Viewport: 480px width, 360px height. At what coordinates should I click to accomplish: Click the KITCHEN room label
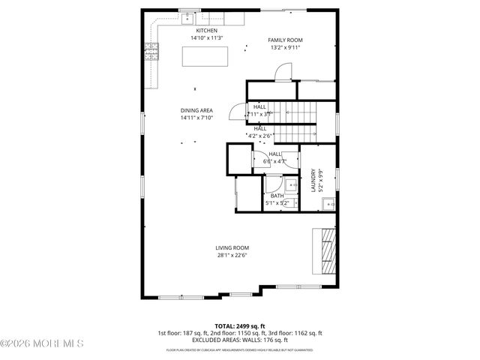pyautogui.click(x=186, y=31)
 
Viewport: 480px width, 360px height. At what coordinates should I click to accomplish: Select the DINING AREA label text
pyautogui.click(x=196, y=110)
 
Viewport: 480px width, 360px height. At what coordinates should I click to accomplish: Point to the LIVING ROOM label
pyautogui.click(x=232, y=247)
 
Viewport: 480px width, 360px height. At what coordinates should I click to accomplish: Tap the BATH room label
pyautogui.click(x=277, y=196)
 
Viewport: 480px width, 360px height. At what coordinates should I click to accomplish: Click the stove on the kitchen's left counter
pyautogui.click(x=150, y=52)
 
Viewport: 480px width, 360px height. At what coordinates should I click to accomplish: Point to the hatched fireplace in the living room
pyautogui.click(x=327, y=252)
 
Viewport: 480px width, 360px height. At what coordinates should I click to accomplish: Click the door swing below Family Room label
pyautogui.click(x=283, y=72)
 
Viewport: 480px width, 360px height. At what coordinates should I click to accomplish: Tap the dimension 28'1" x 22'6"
pyautogui.click(x=232, y=255)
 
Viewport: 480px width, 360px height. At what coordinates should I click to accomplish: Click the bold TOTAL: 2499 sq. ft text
pyautogui.click(x=239, y=325)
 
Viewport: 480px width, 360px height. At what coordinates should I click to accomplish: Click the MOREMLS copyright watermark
pyautogui.click(x=42, y=343)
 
